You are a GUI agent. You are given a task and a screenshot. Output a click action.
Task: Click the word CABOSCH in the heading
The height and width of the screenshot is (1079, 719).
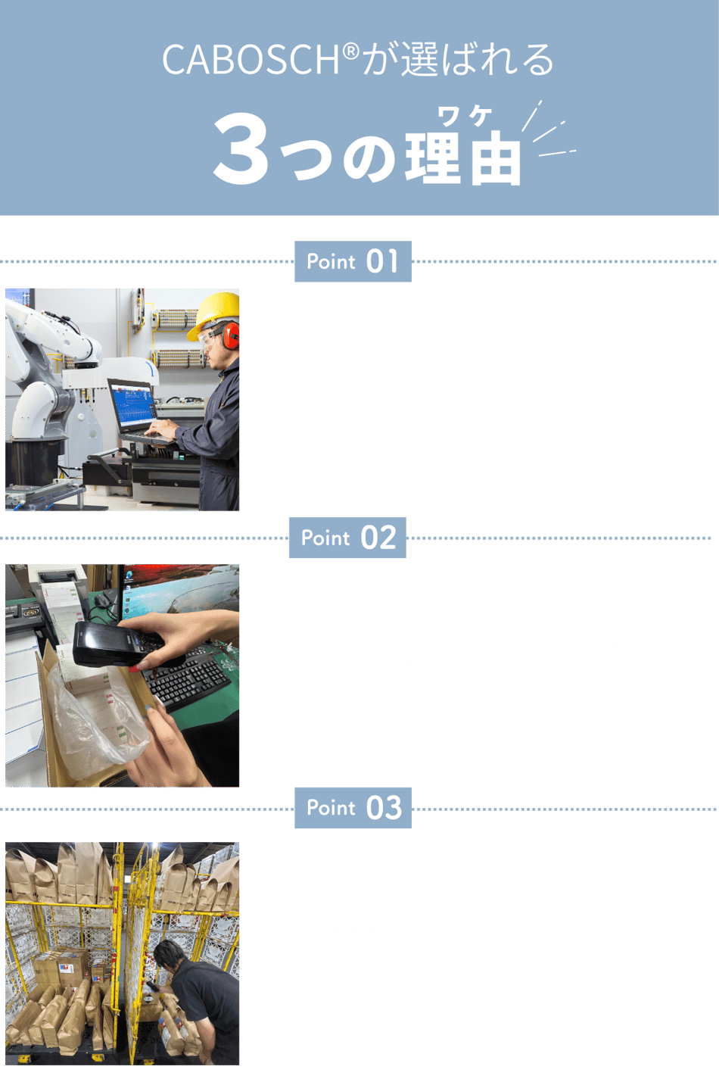point(251,60)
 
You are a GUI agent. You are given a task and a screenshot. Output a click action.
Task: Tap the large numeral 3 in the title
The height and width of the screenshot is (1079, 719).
point(241,148)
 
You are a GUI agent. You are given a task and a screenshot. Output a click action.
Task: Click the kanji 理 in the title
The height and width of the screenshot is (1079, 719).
point(433,156)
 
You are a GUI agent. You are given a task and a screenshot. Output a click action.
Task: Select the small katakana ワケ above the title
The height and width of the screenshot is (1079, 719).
point(464,116)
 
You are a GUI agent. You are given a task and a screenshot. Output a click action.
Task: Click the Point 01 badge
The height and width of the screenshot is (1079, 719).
point(353,261)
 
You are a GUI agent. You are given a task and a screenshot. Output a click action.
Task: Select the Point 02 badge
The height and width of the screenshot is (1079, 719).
point(347,538)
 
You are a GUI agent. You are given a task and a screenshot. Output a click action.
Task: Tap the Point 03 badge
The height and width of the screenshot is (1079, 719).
point(353,808)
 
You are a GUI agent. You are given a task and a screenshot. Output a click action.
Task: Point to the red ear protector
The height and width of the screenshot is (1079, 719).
point(231,335)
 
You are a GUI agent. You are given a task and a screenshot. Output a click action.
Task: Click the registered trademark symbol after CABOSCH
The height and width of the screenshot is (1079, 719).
point(352,51)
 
